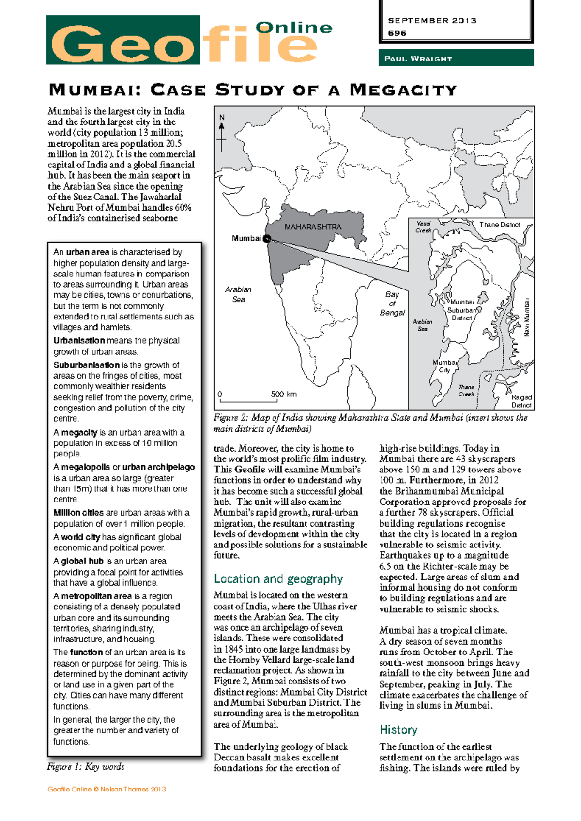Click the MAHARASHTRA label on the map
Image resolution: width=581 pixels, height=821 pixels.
(x=313, y=227)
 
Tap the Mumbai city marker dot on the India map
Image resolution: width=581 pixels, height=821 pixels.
(x=267, y=239)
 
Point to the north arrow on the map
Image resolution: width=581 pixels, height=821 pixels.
(x=222, y=134)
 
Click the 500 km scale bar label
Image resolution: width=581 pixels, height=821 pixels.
(x=284, y=394)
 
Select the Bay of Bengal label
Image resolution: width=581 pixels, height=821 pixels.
(x=392, y=304)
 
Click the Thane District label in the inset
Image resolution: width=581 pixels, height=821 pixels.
(x=500, y=225)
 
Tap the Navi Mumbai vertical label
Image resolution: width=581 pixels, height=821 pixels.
(x=527, y=318)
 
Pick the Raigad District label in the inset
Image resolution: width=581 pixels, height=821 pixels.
(x=521, y=401)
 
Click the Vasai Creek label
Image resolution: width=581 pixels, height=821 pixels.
(x=424, y=227)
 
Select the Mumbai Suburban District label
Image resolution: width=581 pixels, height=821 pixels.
(x=462, y=310)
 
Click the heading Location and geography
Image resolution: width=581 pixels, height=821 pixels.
(x=278, y=579)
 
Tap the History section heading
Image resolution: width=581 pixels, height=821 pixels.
(x=398, y=730)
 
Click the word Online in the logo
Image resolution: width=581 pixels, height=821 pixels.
(x=294, y=28)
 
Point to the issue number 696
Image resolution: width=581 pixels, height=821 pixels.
(x=397, y=33)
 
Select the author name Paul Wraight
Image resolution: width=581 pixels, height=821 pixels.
(x=418, y=59)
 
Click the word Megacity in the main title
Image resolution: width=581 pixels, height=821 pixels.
(x=403, y=90)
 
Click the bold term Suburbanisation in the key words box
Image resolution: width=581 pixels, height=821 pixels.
(x=86, y=365)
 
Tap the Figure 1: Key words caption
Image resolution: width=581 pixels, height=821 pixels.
(x=86, y=767)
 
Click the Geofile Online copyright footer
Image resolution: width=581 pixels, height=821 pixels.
(x=107, y=789)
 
